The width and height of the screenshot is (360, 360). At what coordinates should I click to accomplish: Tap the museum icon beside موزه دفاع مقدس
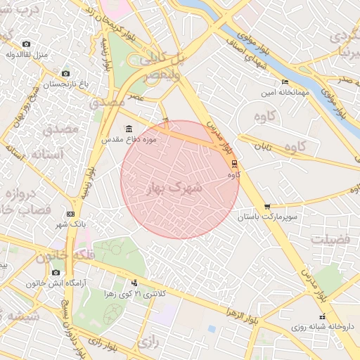click(x=128, y=129)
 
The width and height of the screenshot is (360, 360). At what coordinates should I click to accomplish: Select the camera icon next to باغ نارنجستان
click(x=65, y=74)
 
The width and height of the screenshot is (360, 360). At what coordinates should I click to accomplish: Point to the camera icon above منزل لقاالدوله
click(x=27, y=44)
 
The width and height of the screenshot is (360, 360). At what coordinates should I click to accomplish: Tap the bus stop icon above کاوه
click(x=233, y=164)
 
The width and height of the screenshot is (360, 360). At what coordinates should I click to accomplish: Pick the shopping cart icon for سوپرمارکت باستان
click(x=266, y=206)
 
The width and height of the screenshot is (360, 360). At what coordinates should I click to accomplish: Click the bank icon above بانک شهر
click(x=70, y=214)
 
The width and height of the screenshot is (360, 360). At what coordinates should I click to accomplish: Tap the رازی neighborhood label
click(x=146, y=342)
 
